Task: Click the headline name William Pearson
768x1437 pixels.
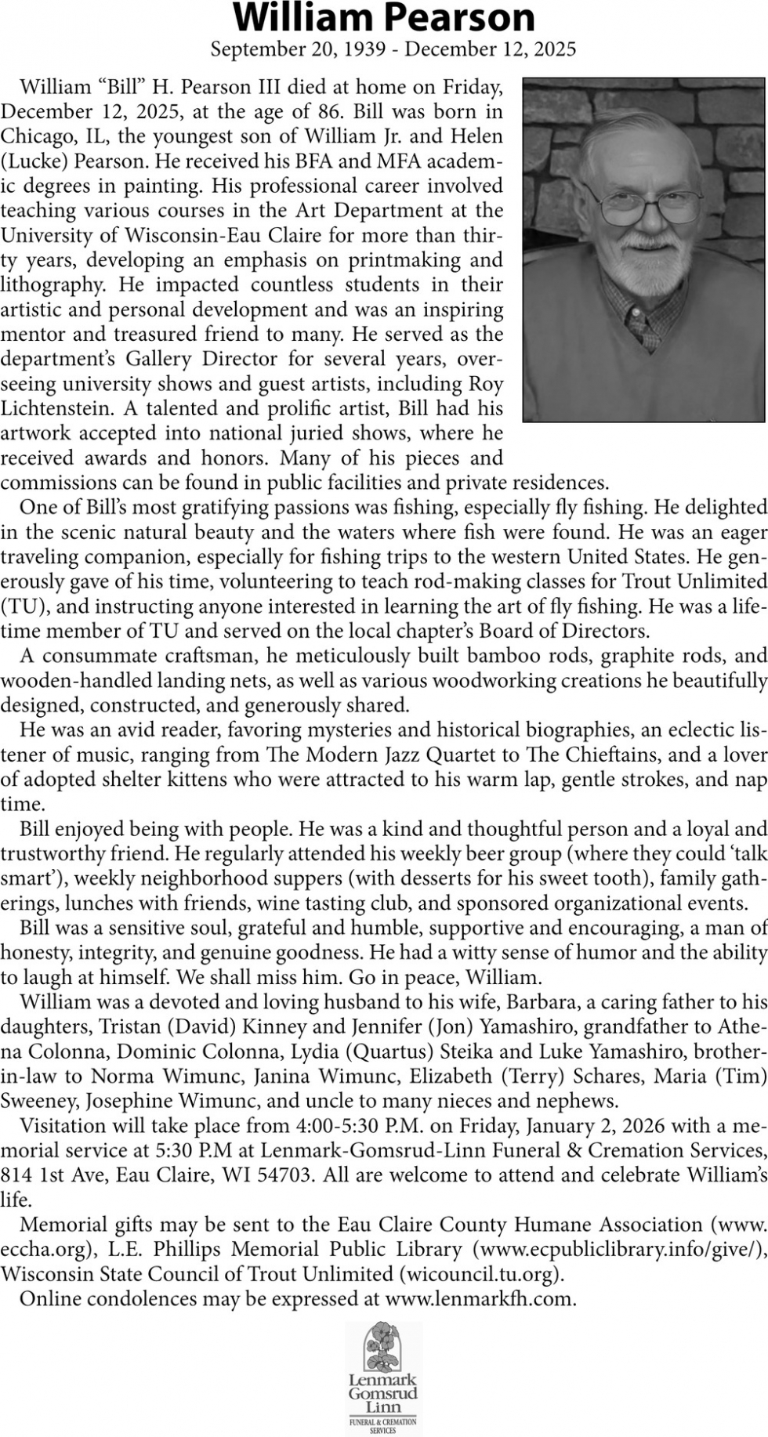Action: tap(384, 17)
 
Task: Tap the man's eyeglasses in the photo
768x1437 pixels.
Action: tap(650, 206)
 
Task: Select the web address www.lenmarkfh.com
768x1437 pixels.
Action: tap(480, 1299)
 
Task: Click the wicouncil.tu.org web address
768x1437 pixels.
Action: tap(480, 1274)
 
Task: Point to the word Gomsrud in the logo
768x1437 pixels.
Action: tap(383, 1394)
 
